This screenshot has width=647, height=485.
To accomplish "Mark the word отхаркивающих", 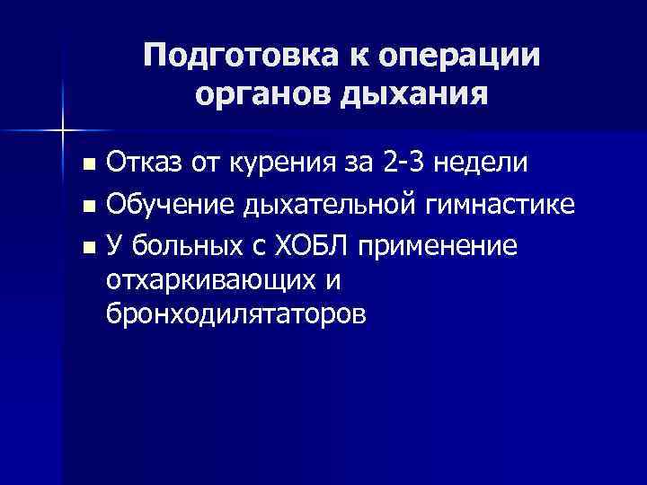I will (209, 281).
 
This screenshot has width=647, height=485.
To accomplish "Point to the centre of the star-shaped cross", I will (62, 132).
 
